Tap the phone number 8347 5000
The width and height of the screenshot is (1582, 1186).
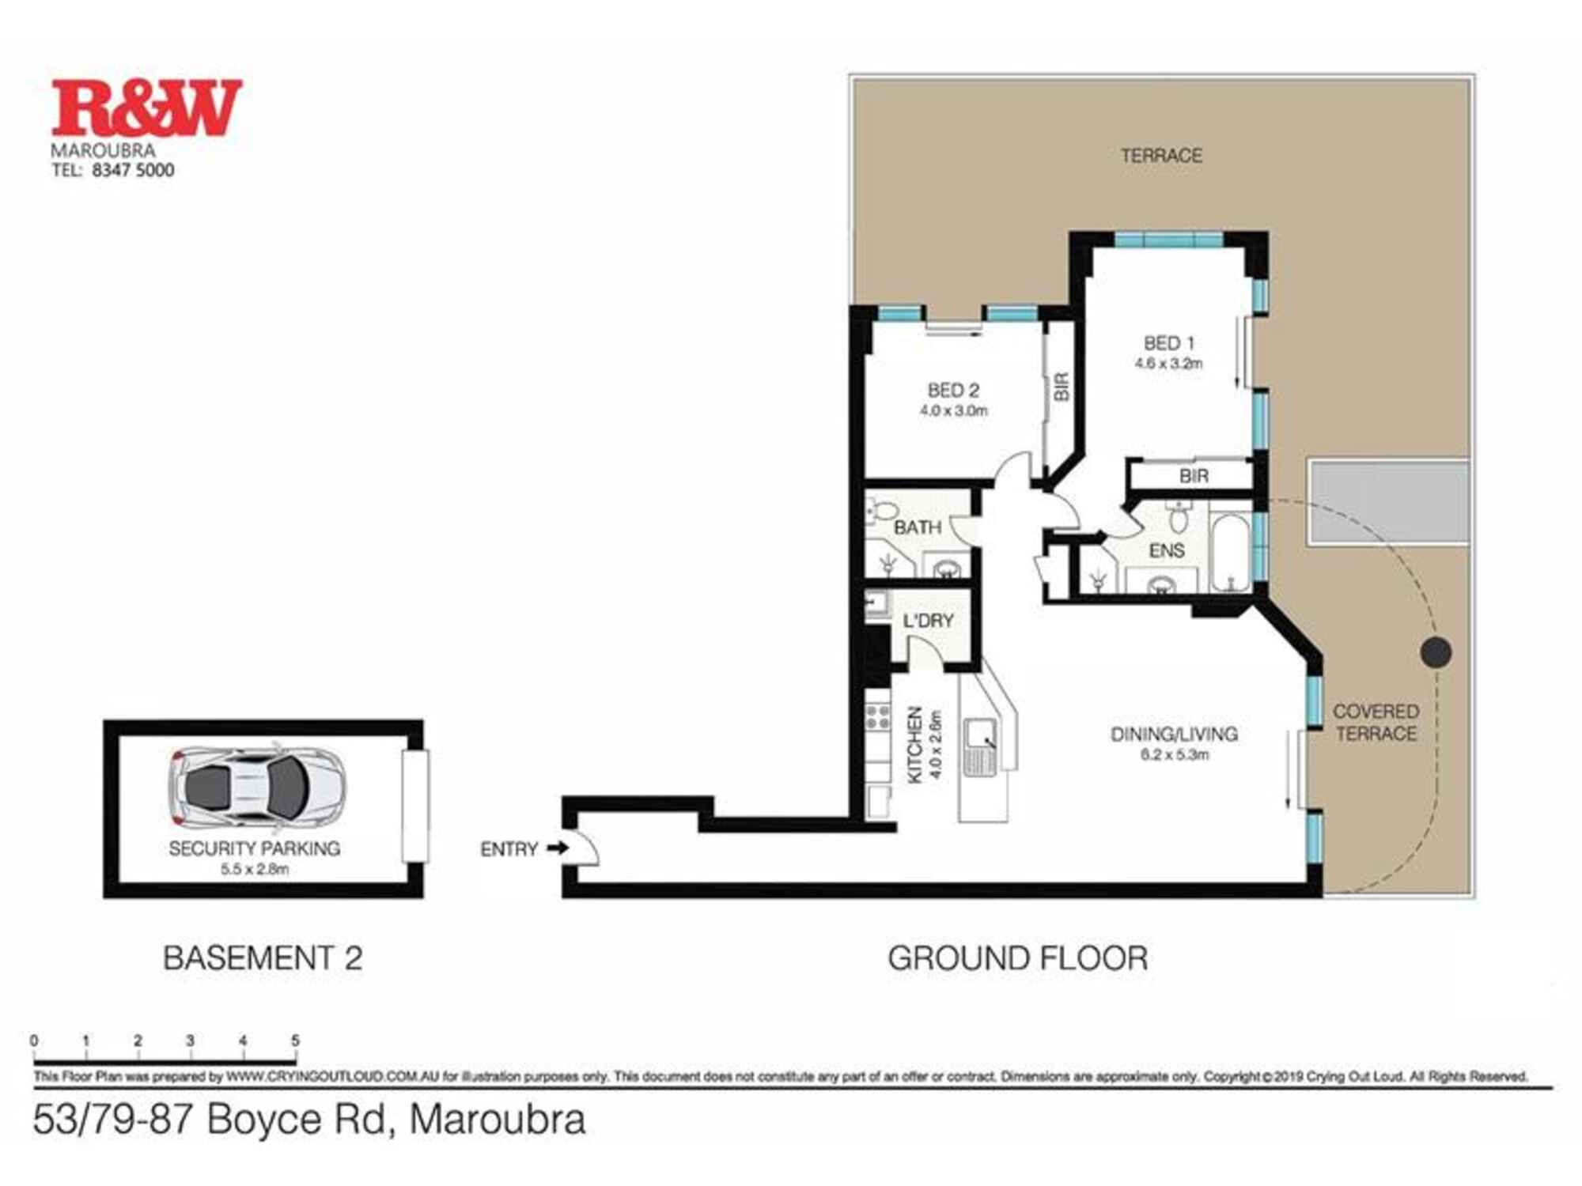point(133,170)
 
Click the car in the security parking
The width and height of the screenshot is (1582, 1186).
point(257,787)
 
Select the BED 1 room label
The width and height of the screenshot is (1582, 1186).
point(1168,343)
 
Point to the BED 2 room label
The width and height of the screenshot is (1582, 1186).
point(953,391)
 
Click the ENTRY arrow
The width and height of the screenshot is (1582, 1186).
point(558,848)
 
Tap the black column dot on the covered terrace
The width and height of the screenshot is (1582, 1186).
point(1436,652)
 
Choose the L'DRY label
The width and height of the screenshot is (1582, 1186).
point(928,621)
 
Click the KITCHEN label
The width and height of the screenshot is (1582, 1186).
point(914,745)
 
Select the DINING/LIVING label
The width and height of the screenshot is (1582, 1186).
point(1174,735)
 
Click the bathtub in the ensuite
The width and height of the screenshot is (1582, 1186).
point(1230,553)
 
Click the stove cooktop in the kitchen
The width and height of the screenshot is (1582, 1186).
point(877,717)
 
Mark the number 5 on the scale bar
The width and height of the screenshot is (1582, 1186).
point(295,1041)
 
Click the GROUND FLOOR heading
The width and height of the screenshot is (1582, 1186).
point(1017,958)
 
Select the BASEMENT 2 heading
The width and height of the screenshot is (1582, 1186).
point(263,958)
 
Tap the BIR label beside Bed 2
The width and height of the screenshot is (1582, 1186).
point(1062,387)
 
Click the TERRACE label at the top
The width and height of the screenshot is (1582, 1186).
point(1161,156)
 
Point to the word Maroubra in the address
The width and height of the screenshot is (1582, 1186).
point(498,1120)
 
